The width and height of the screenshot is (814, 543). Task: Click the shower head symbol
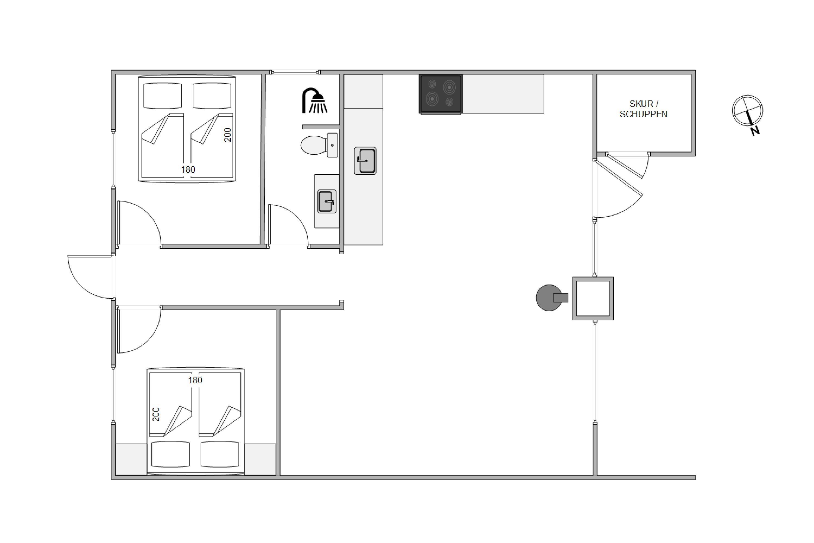pos(314,100)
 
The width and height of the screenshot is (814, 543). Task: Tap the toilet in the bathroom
pos(319,145)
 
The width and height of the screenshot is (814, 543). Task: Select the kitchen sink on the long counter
pos(365,161)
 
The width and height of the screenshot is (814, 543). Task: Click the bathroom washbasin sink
pos(327,201)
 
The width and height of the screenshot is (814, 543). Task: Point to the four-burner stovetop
pos(441,94)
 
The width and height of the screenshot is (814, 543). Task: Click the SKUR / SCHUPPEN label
pos(643,109)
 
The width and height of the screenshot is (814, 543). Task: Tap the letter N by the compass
pos(755,131)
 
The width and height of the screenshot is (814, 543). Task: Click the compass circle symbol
pos(747,111)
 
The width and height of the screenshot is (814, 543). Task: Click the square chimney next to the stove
pos(593,298)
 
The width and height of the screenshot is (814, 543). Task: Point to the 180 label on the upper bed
pos(188,170)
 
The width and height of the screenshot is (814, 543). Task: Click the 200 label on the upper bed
pos(227,135)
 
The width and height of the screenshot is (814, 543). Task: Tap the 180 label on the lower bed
pos(195,380)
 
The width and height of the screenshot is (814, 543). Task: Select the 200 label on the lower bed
pos(156,415)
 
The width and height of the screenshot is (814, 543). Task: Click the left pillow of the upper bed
pos(162,96)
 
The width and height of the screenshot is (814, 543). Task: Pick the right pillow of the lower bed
pos(220,454)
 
